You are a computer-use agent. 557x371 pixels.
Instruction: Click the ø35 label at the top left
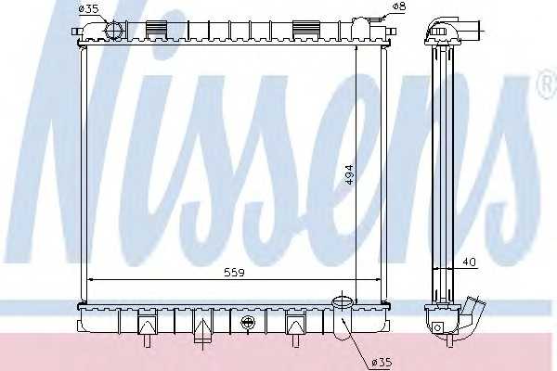[88, 8]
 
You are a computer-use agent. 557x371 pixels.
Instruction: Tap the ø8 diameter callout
[399, 6]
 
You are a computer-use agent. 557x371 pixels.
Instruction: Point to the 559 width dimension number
[235, 273]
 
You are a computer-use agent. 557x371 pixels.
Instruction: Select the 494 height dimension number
[349, 174]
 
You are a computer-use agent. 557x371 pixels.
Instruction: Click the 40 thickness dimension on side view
[469, 262]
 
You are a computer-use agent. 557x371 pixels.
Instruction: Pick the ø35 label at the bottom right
[382, 362]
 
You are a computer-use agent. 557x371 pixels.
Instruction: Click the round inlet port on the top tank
[113, 30]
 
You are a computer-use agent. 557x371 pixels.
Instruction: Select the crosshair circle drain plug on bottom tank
[248, 323]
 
